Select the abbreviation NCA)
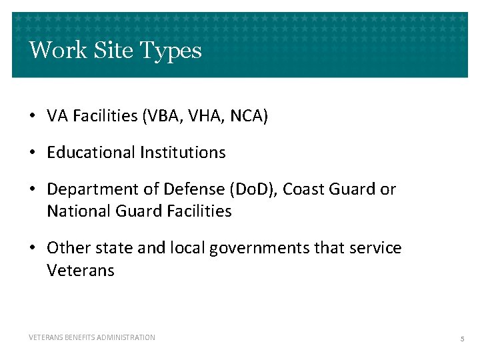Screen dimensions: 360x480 249,117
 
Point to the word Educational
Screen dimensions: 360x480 91,153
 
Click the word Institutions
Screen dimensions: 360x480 183,153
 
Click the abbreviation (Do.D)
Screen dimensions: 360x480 253,189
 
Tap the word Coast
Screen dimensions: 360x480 303,189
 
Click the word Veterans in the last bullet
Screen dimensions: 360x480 81,271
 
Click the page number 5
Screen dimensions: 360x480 462,339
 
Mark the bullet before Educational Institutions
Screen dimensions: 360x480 32,153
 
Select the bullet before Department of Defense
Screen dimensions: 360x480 32,190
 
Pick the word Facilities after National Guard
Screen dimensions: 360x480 200,212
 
